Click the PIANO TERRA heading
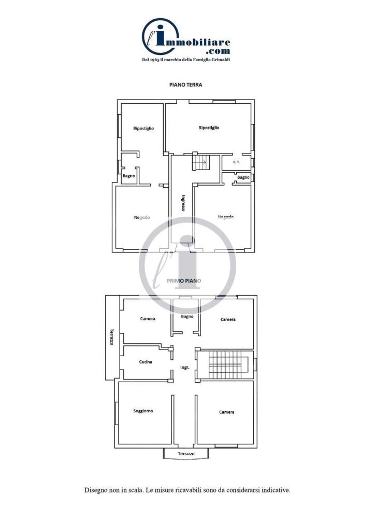click(185, 85)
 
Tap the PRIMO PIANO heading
click(184, 281)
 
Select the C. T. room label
click(236, 162)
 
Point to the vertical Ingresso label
click(183, 203)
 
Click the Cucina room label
click(146, 361)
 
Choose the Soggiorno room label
click(143, 411)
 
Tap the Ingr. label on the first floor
click(184, 368)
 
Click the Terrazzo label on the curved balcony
click(186, 454)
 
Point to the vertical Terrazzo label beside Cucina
click(111, 337)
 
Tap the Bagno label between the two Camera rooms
click(187, 316)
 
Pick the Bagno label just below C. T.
click(243, 177)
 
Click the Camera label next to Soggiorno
click(226, 412)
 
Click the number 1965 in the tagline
click(155, 60)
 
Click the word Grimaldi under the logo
click(221, 60)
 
